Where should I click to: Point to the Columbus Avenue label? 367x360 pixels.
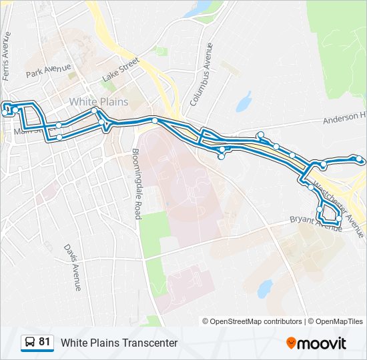tap(200, 75)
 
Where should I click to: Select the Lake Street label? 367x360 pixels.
tap(120, 69)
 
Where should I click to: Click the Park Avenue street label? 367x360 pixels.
tap(49, 71)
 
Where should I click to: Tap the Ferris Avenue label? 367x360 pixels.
tap(7, 57)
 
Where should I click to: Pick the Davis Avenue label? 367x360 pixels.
tap(73, 267)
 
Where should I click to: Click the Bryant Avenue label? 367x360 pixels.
tap(314, 223)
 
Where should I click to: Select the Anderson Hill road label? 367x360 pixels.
tap(344, 119)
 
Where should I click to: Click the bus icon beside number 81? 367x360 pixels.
tap(29, 343)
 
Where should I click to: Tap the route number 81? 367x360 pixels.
tap(45, 342)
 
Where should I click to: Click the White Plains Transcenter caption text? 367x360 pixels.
tap(119, 343)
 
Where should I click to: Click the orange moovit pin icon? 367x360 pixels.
tap(291, 343)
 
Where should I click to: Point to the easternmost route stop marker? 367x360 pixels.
tap(360, 159)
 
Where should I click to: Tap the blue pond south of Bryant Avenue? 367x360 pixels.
tap(264, 288)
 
